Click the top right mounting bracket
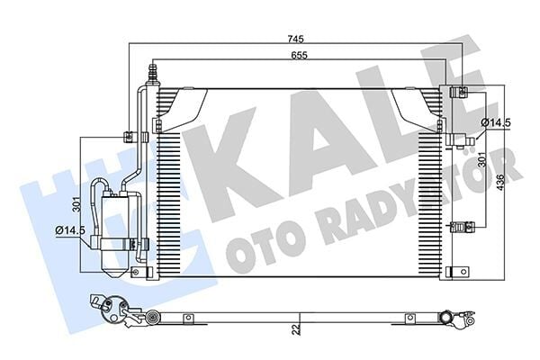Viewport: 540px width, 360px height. point(458,91)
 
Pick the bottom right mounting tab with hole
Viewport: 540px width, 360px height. point(459,270)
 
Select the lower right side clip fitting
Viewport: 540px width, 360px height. point(465,225)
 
